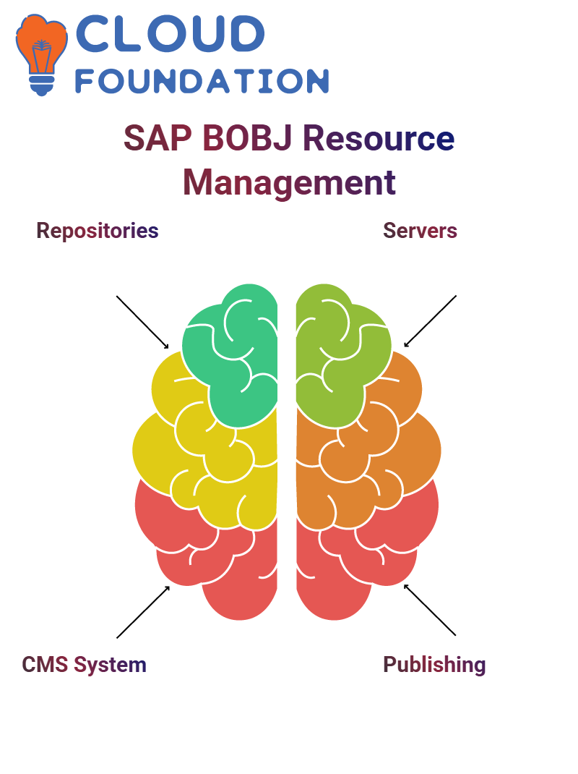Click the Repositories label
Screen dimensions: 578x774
click(x=98, y=231)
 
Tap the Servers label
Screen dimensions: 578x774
click(x=420, y=231)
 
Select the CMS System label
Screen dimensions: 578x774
click(x=85, y=665)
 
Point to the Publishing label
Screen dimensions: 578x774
click(x=434, y=665)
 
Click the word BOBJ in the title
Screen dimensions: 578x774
click(x=248, y=138)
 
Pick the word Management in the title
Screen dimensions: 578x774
click(x=290, y=183)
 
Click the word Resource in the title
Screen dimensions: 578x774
click(x=379, y=138)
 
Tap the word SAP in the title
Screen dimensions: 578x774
click(x=158, y=138)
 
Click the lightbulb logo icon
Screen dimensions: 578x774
click(x=41, y=54)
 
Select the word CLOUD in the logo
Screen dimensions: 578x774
click(x=171, y=33)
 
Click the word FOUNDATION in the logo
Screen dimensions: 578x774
click(x=202, y=81)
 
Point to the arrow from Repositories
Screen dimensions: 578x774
click(x=142, y=323)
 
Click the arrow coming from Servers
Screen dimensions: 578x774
click(x=430, y=321)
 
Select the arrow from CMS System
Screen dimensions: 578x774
click(x=143, y=612)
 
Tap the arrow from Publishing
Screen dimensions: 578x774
click(x=430, y=610)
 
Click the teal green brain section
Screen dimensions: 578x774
click(x=232, y=355)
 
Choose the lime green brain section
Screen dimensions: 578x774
click(x=340, y=355)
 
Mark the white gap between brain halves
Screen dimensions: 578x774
click(x=287, y=444)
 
